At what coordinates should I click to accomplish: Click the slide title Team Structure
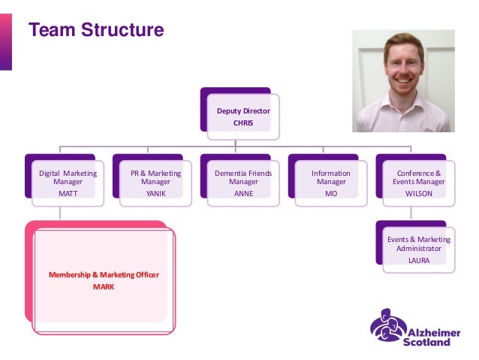95,31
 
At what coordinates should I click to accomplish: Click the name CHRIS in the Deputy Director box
243,123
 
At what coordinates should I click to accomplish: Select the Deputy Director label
243,110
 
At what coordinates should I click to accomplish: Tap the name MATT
68,193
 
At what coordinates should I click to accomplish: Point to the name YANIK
155,193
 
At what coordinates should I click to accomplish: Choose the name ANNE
243,193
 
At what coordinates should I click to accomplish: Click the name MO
331,193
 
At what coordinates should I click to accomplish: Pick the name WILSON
419,193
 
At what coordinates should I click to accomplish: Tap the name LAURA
419,260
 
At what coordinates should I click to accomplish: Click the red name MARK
104,286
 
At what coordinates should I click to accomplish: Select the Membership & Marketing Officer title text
104,275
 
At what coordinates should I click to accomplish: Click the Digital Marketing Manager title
68,177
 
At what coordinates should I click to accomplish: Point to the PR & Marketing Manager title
155,177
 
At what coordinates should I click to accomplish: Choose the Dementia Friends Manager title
243,177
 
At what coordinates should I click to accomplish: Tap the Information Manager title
331,177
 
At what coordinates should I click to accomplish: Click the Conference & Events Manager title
419,177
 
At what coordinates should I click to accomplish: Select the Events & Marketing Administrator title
419,244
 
